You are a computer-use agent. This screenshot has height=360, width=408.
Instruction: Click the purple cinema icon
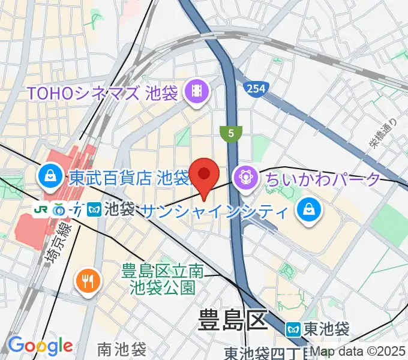click(197, 92)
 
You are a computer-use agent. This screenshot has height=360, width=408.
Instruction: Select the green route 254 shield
click(255, 88)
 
